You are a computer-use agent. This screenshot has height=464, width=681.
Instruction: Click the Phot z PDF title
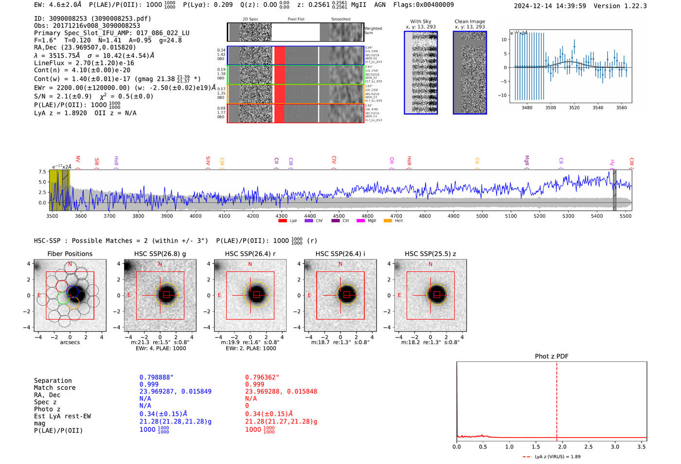(552, 356)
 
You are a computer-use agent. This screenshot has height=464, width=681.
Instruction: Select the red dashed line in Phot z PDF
(556, 399)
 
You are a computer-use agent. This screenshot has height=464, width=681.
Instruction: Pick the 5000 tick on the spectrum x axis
(482, 216)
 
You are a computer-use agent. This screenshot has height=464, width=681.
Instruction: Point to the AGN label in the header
(380, 5)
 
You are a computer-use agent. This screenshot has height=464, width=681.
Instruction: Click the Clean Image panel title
(469, 21)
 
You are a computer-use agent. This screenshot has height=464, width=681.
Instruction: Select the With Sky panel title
(420, 21)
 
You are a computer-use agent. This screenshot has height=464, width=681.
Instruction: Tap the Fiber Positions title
(70, 254)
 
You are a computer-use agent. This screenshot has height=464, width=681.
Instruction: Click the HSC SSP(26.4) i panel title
(340, 254)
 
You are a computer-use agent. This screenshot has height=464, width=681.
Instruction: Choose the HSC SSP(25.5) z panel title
(430, 254)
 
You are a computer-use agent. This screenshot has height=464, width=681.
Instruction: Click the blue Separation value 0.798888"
(156, 377)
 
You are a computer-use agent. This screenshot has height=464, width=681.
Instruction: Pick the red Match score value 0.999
(254, 385)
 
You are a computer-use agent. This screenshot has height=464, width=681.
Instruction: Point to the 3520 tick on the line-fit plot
(574, 108)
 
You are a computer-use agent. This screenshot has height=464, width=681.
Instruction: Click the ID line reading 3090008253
(92, 19)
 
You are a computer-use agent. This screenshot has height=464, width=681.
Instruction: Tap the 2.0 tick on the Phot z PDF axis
(562, 446)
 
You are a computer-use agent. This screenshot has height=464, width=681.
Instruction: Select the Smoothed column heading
(340, 19)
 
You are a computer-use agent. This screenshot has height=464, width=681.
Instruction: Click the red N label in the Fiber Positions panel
(70, 264)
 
